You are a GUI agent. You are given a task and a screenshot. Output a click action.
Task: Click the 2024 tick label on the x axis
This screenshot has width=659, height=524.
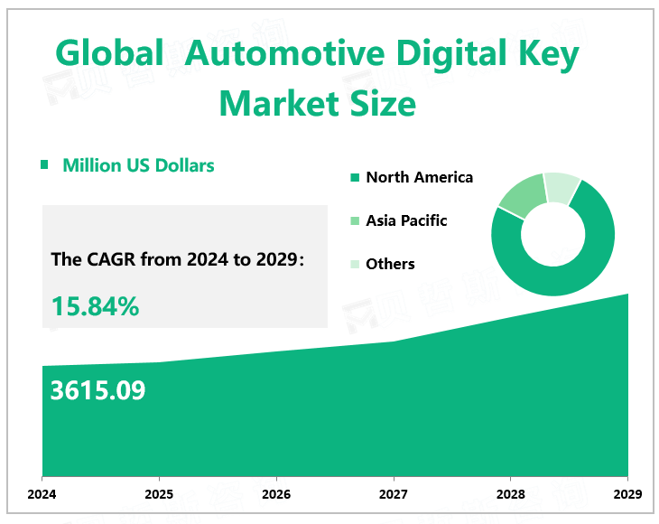point(42,493)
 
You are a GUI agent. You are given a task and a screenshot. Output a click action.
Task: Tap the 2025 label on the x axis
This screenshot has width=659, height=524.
point(159,493)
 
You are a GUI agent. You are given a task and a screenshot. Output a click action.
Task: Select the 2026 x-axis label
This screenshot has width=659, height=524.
point(276,493)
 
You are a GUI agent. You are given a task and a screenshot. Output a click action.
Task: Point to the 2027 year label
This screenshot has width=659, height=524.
point(394,493)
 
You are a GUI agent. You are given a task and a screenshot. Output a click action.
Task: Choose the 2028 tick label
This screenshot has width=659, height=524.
point(510,493)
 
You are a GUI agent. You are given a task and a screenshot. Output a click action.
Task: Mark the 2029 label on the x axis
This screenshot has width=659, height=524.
point(627,493)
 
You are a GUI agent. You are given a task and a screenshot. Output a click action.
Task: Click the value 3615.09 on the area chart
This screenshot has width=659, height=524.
point(97,390)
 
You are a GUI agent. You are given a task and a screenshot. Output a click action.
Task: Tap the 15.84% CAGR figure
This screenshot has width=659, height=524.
point(95,306)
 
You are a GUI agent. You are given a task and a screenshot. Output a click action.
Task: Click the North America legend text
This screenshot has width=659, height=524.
point(419,177)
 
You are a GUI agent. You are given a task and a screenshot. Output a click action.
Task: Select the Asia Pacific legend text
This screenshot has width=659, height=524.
point(406,220)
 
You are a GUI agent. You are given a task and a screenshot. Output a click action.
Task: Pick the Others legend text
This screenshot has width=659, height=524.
point(390,264)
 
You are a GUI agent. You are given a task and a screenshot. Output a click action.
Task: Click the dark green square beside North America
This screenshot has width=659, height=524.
point(355,178)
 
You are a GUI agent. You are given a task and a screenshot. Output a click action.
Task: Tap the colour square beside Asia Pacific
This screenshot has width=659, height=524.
point(355,221)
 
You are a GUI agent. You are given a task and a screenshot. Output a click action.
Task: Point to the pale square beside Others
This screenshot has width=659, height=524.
point(355,265)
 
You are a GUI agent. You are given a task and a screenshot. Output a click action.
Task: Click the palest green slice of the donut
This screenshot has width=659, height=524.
point(562,186)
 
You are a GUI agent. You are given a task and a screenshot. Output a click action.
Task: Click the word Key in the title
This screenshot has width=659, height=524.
point(546,56)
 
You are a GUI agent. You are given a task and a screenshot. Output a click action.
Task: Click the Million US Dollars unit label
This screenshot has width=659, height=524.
point(138,165)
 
